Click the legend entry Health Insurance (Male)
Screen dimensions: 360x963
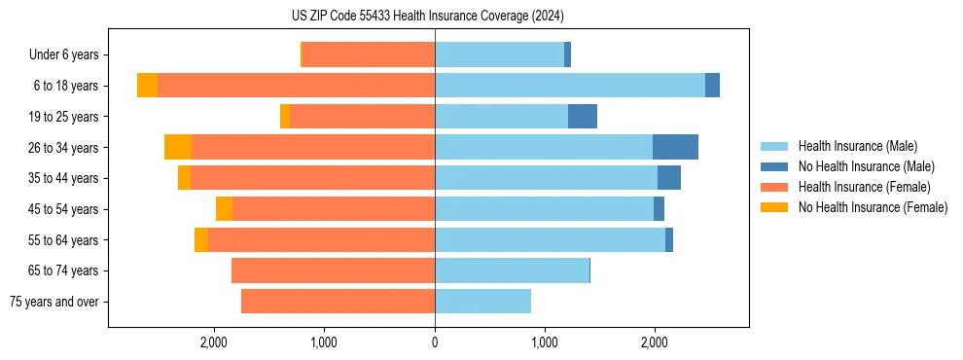[x=857, y=146]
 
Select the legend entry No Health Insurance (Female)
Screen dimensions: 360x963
[x=873, y=207]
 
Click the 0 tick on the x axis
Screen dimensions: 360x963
[x=435, y=342]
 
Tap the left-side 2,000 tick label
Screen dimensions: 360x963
[x=214, y=342]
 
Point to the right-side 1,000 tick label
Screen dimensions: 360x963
[x=545, y=342]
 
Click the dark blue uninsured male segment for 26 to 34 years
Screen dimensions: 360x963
[x=675, y=147]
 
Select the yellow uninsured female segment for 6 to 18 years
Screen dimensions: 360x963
[x=147, y=86]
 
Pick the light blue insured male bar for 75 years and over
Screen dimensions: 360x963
[x=482, y=302]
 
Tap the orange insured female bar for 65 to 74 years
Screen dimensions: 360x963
[x=333, y=270]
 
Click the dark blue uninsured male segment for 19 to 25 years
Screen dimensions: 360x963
[x=583, y=117]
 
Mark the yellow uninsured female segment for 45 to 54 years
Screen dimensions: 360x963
[x=224, y=209]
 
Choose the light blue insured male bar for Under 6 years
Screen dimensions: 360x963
[x=499, y=55]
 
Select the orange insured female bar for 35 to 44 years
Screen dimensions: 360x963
[x=312, y=178]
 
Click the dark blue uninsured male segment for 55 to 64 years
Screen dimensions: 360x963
[x=669, y=239]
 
